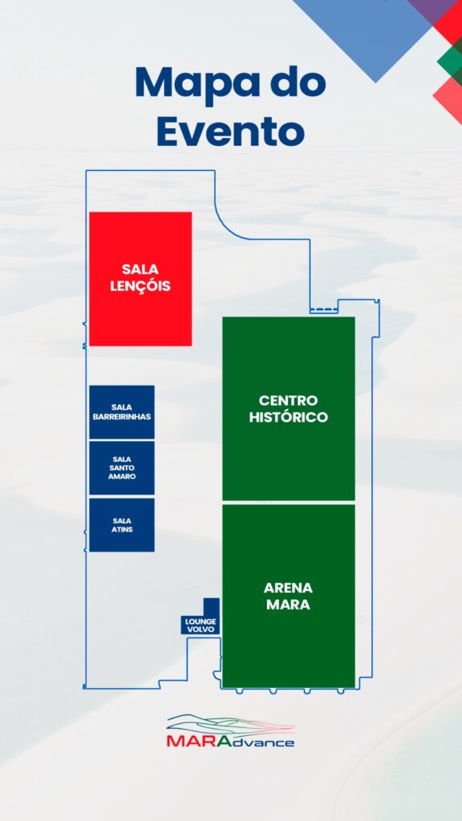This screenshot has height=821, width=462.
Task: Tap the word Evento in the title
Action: coord(230,132)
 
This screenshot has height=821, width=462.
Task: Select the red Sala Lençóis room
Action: coord(140,278)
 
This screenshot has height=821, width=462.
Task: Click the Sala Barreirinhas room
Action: coord(122,412)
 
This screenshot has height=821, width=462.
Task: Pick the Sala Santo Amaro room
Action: coord(122,468)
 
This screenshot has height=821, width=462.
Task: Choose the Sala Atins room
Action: coord(122,524)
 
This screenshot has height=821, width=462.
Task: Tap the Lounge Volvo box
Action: coord(201,621)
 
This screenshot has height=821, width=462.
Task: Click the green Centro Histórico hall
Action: coord(289,408)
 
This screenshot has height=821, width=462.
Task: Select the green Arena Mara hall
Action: coord(289,596)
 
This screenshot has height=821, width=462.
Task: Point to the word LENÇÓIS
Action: coord(140,286)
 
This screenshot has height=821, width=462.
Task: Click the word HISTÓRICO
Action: coord(289,417)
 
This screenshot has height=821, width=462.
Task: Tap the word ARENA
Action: coord(288,588)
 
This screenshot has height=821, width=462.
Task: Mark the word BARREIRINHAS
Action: coord(122,417)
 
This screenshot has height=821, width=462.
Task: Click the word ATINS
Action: coord(122,529)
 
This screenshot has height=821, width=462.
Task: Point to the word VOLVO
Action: coord(201,629)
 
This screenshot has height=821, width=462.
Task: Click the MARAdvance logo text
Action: coord(230,742)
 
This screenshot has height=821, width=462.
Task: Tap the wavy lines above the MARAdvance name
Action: coord(230,725)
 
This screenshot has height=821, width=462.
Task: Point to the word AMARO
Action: coord(122,476)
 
